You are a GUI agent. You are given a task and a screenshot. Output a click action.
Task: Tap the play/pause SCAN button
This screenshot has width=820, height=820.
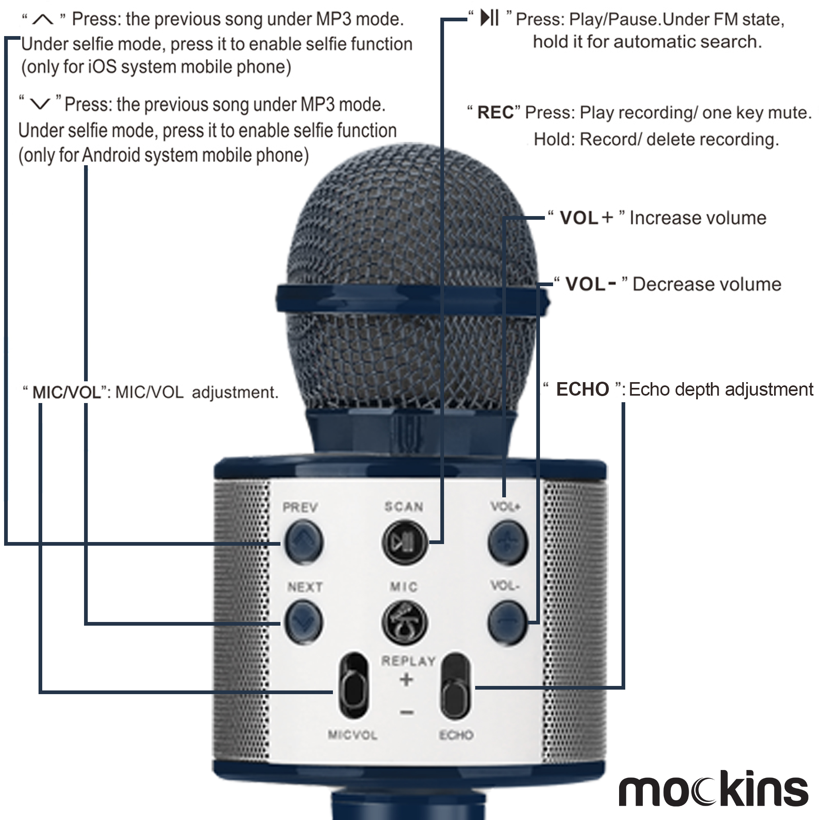pyautogui.click(x=404, y=542)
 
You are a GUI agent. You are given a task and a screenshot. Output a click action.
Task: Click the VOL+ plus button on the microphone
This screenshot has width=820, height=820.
pyautogui.click(x=508, y=542)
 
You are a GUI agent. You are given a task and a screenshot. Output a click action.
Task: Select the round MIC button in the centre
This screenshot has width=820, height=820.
pyautogui.click(x=404, y=622)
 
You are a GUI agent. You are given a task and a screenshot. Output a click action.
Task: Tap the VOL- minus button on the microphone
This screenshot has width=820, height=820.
pyautogui.click(x=508, y=622)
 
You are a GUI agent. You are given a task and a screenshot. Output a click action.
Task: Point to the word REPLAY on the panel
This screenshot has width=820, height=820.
pyautogui.click(x=408, y=661)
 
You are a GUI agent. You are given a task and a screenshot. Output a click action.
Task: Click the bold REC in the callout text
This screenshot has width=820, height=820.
pyautogui.click(x=495, y=113)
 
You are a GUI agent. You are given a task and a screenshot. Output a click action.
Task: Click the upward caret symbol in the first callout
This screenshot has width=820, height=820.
pyautogui.click(x=43, y=19)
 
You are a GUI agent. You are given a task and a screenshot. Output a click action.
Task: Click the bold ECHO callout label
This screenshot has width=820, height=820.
pyautogui.click(x=582, y=389)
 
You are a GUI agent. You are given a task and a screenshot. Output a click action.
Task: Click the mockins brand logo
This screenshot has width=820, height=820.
pyautogui.click(x=713, y=788)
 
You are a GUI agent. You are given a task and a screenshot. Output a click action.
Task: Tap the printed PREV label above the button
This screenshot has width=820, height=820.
pyautogui.click(x=300, y=507)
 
